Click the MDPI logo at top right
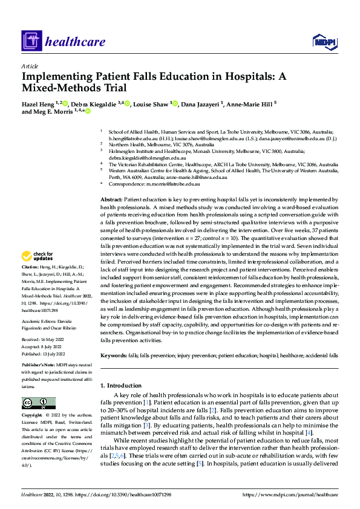[x=324, y=41]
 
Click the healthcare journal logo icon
[x=32, y=41]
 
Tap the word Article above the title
[x=29, y=66]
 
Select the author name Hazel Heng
[x=38, y=104]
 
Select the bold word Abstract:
[x=111, y=199]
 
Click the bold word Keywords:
[x=113, y=355]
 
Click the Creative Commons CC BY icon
[x=38, y=403]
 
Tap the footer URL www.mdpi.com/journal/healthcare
[x=290, y=494]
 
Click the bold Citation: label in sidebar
[x=31, y=283]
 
